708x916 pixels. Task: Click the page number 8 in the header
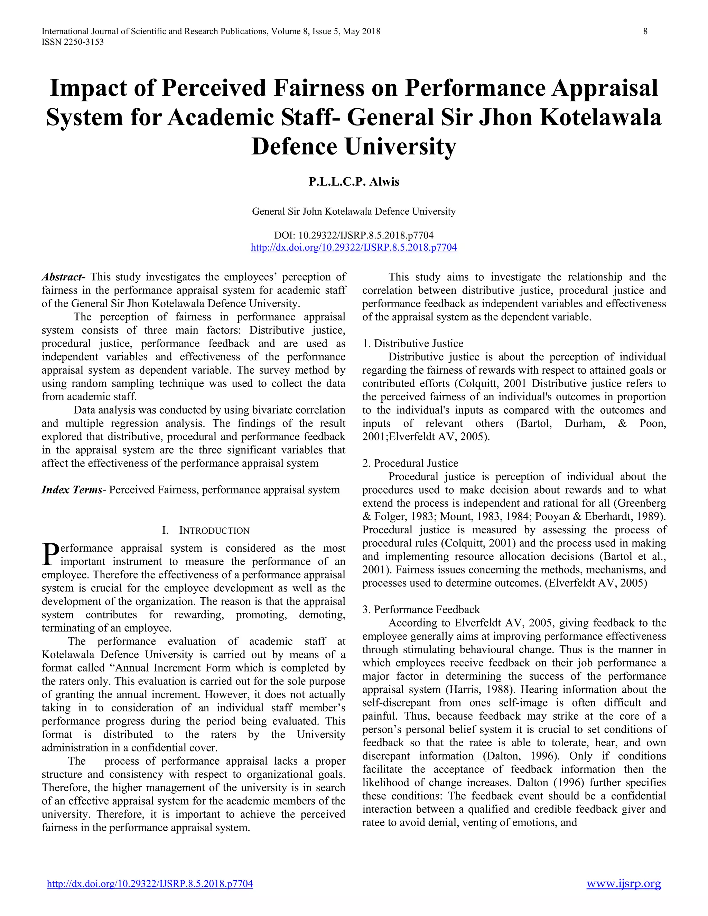645,31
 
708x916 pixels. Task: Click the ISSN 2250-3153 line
73,42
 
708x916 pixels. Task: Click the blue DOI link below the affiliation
354,247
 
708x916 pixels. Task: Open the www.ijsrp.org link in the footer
623,884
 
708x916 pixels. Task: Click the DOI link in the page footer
150,884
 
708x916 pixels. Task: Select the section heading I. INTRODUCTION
206,530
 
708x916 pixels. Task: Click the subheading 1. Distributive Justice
413,344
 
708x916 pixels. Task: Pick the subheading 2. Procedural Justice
410,463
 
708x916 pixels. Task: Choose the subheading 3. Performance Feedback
421,609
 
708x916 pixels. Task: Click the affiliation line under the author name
354,212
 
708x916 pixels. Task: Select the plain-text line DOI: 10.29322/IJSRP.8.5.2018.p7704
354,235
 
